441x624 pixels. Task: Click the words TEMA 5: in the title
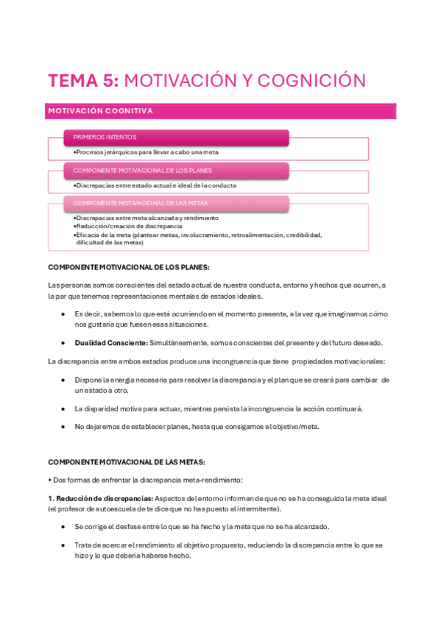coord(81,80)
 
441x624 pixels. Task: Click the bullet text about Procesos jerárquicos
coord(146,152)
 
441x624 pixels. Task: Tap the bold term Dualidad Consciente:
coord(110,343)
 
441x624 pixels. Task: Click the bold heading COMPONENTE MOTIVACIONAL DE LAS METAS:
coord(126,462)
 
